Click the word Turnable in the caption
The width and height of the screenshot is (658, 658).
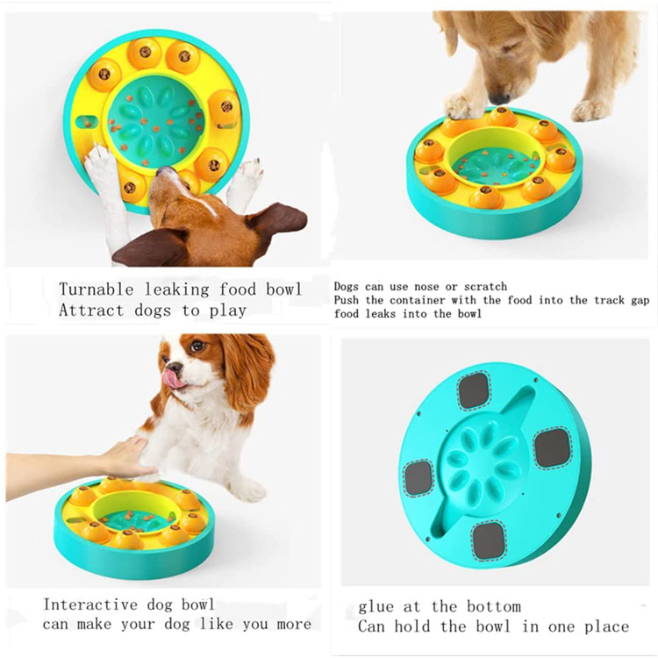tap(96, 290)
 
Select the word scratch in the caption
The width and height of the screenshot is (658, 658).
tap(485, 287)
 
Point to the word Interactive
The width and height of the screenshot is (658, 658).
tap(90, 604)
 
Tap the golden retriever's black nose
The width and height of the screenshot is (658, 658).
tap(498, 98)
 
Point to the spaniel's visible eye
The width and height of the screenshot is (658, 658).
tap(197, 347)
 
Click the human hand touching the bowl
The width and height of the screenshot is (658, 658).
tap(122, 457)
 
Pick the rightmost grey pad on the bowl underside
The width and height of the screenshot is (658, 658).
tap(552, 448)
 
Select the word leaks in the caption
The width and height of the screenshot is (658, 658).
tap(380, 314)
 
